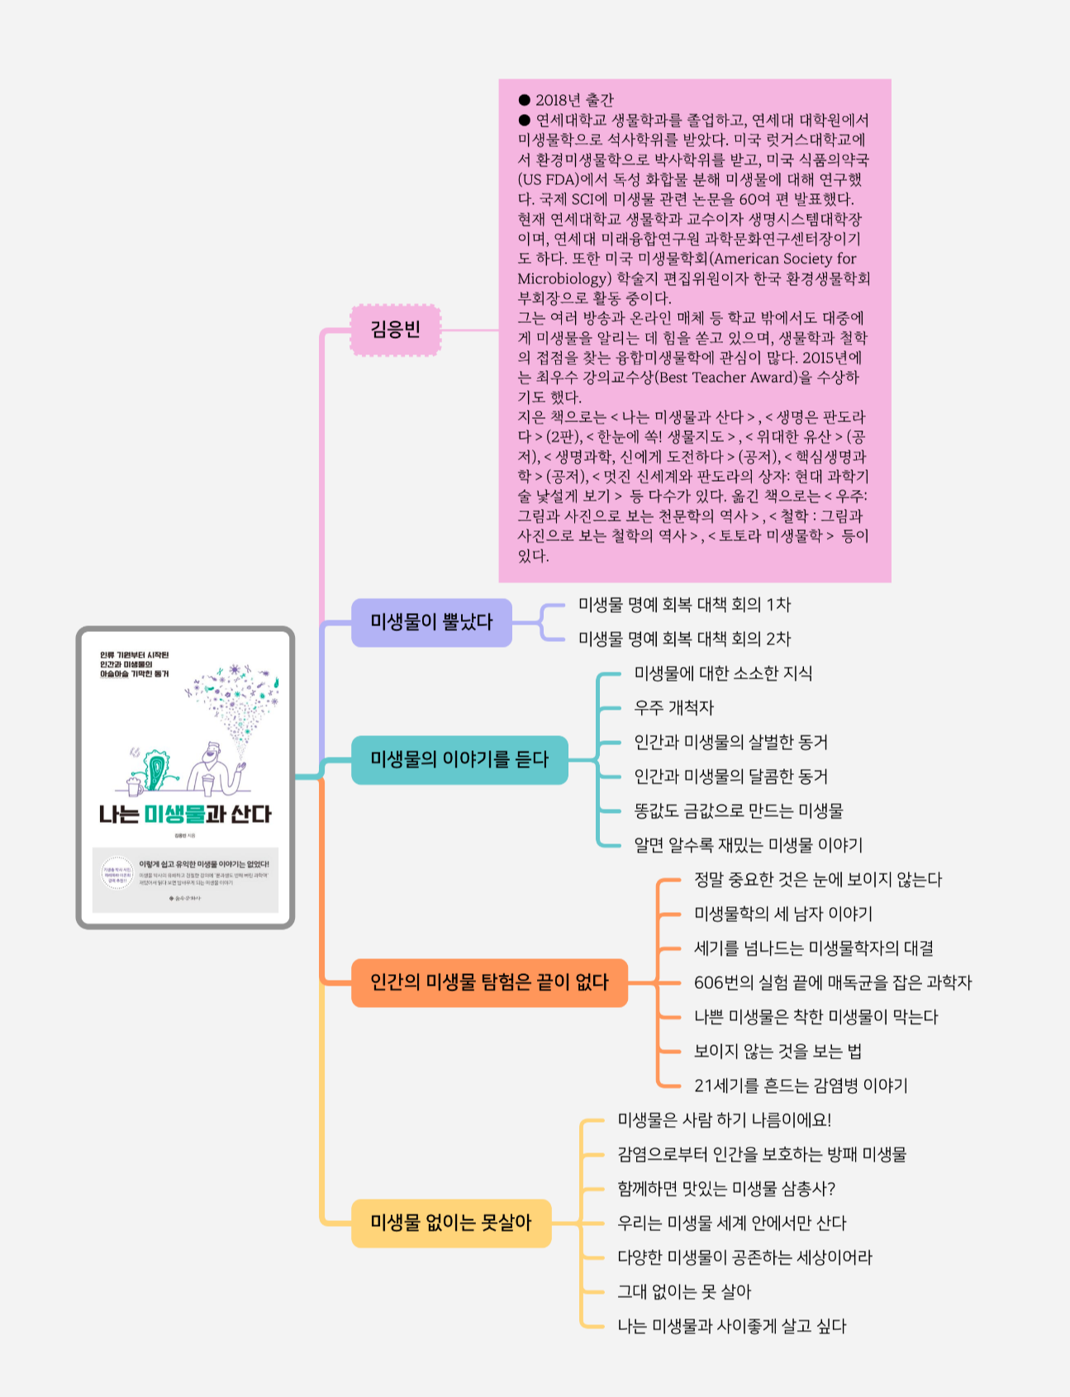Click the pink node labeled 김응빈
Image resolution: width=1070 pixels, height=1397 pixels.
click(396, 330)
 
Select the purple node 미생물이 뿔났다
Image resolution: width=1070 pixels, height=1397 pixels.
click(431, 622)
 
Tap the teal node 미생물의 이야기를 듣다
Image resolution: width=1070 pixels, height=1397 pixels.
click(459, 759)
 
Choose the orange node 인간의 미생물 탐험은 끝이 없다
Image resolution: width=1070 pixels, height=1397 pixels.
click(489, 982)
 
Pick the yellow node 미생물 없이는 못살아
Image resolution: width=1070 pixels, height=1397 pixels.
click(451, 1223)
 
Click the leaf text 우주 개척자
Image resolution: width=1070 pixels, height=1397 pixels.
click(673, 708)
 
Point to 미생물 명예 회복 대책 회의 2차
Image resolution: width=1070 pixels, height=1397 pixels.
click(684, 639)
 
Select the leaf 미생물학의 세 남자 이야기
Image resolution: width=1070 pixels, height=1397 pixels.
click(782, 914)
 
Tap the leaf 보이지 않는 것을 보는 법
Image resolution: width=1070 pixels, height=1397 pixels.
click(778, 1051)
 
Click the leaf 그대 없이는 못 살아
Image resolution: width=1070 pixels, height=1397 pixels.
click(684, 1292)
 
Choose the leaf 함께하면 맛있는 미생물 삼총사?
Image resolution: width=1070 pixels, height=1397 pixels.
click(726, 1189)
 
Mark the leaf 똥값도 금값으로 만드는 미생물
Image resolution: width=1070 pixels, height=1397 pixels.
click(738, 811)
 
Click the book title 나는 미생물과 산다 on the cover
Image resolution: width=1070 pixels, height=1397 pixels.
click(185, 815)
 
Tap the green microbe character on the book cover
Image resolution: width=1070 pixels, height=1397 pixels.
click(155, 770)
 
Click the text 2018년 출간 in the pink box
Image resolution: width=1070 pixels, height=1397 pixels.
click(574, 101)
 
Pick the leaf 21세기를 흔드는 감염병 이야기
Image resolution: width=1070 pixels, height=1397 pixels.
click(801, 1086)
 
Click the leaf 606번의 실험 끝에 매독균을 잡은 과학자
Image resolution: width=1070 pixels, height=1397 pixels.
click(832, 982)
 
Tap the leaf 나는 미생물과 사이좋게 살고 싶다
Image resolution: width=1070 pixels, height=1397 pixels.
click(732, 1326)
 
